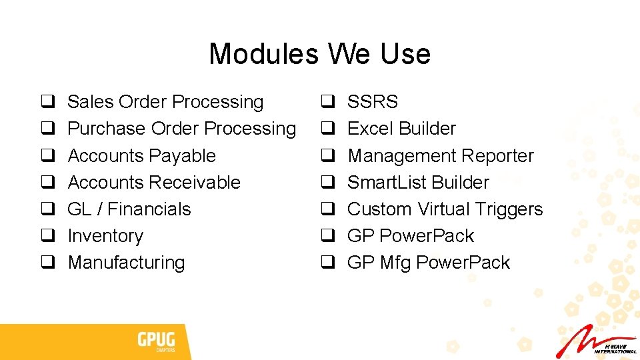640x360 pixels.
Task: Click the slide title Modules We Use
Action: [x=319, y=54]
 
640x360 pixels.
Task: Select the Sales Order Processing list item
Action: [x=165, y=102]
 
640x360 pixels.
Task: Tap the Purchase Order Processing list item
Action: [x=181, y=129]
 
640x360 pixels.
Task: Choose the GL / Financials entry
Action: [x=129, y=209]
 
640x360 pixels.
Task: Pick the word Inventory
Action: [x=105, y=236]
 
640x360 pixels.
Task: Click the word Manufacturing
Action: [x=126, y=263]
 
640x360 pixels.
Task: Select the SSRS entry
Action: [x=373, y=102]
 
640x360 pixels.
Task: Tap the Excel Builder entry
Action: [x=401, y=129]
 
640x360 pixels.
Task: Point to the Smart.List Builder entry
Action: [x=418, y=183]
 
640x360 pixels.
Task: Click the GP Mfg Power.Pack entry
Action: [x=428, y=263]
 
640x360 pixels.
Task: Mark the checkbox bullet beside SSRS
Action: [x=328, y=103]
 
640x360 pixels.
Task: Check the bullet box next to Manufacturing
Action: [x=48, y=263]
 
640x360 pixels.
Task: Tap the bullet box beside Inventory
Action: [x=48, y=237]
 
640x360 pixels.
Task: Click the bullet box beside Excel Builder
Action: [x=328, y=129]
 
